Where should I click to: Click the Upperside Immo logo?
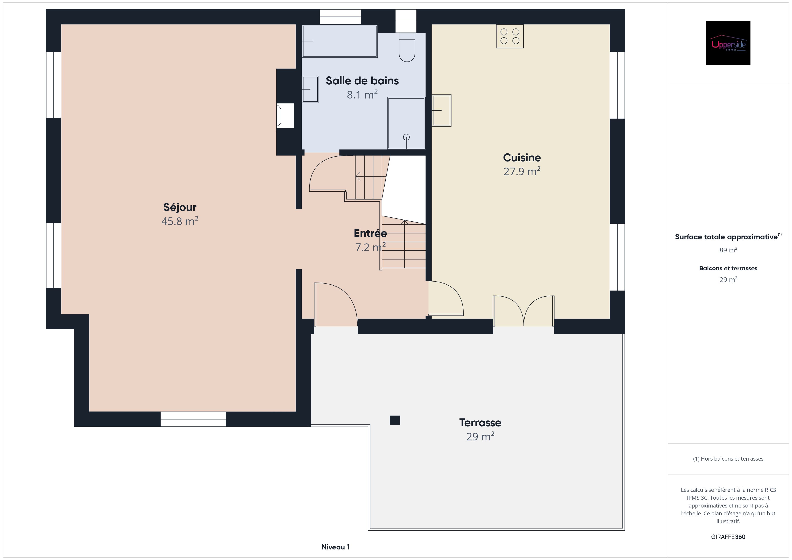pos(728,43)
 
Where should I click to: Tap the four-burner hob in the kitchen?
pos(510,36)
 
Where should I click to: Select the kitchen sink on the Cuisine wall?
pos(442,110)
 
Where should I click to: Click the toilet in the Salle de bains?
pos(407,47)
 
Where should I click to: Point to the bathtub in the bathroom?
pos(340,41)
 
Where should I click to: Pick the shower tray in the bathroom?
pos(406,123)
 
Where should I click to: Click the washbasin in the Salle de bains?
pos(310,89)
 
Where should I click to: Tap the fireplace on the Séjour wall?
pos(285,116)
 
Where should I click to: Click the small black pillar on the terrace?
pos(395,420)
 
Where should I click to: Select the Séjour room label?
pos(180,207)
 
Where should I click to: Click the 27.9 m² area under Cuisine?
pos(522,171)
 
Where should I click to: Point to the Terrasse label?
pos(480,422)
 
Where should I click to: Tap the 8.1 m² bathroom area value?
pos(362,94)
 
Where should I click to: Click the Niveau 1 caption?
pos(335,547)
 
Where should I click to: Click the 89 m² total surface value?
pos(728,250)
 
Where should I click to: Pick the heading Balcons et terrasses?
pos(728,268)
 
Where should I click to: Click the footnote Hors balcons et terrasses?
pos(728,459)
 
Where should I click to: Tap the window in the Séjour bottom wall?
pos(193,419)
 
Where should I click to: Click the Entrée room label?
pos(370,234)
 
